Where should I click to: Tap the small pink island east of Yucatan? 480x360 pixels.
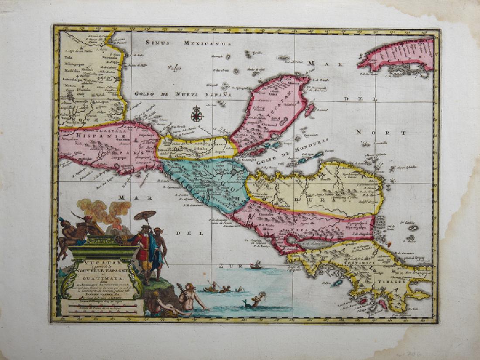point(310,110)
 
